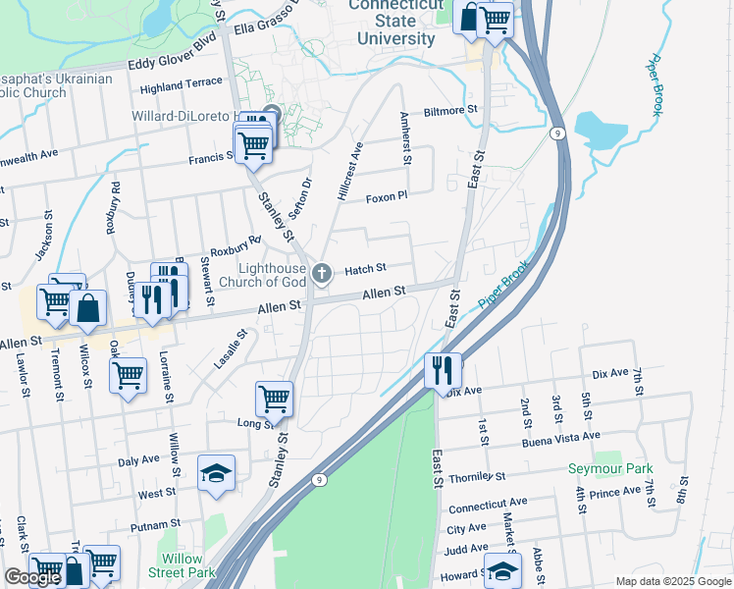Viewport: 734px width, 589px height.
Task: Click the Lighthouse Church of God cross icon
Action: pyautogui.click(x=323, y=272)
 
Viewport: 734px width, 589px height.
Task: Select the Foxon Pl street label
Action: pyautogui.click(x=386, y=197)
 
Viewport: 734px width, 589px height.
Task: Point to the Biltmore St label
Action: pyautogui.click(x=449, y=111)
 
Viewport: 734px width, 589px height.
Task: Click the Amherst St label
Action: pyautogui.click(x=405, y=136)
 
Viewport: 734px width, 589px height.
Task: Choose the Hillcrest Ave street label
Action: pyautogui.click(x=350, y=172)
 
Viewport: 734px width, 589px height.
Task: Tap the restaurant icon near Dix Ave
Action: pyautogui.click(x=442, y=370)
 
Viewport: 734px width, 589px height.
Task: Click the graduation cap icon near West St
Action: pyautogui.click(x=216, y=473)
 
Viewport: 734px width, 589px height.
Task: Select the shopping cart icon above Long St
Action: pyautogui.click(x=274, y=398)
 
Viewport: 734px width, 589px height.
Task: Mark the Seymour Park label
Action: pyautogui.click(x=609, y=468)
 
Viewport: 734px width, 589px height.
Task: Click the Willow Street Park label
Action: pyautogui.click(x=182, y=564)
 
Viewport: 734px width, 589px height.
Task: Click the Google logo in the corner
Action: pyautogui.click(x=32, y=577)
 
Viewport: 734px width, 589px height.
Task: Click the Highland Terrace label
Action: pyautogui.click(x=182, y=85)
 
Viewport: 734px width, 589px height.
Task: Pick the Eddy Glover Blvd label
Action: pyautogui.click(x=172, y=65)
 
